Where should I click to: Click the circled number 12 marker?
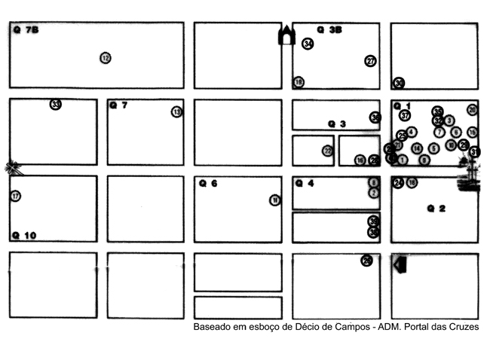tap(106, 58)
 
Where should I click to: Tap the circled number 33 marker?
tap(56, 104)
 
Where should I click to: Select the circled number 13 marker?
tap(177, 111)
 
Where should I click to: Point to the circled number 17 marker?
tap(15, 196)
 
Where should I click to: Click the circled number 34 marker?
tap(308, 44)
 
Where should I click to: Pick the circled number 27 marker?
tap(370, 61)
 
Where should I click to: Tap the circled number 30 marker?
tap(400, 83)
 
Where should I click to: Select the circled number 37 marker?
tap(406, 116)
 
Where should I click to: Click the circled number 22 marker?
tap(327, 151)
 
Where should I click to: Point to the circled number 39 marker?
tap(374, 221)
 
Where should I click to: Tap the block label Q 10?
tap(24, 235)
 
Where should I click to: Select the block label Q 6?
tap(208, 183)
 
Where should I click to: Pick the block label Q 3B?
tap(329, 30)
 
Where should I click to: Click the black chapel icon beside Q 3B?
tap(286, 35)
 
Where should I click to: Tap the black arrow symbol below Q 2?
tap(400, 264)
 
